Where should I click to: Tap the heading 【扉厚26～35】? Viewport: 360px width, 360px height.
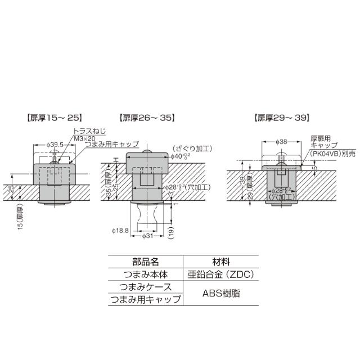(146, 118)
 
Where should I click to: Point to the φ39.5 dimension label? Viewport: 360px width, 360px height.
(55, 145)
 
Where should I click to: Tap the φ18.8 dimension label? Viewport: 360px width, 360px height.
(120, 231)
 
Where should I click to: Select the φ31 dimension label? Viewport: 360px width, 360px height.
(147, 236)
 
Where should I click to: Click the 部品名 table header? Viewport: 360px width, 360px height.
(146, 262)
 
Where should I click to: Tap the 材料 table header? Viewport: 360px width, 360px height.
(220, 262)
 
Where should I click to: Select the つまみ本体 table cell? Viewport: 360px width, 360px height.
(146, 274)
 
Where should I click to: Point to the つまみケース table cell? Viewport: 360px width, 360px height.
(146, 287)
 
